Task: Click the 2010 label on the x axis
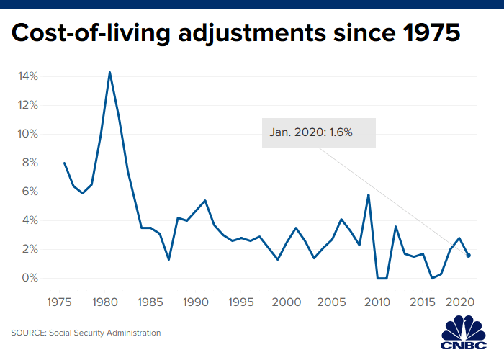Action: pos(378,302)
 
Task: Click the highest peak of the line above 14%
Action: pos(109,72)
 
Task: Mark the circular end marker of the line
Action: pos(469,255)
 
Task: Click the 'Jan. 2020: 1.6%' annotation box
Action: pos(318,132)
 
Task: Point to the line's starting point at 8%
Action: pos(64,163)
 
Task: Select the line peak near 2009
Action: pos(369,194)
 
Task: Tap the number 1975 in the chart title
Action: pos(427,34)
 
